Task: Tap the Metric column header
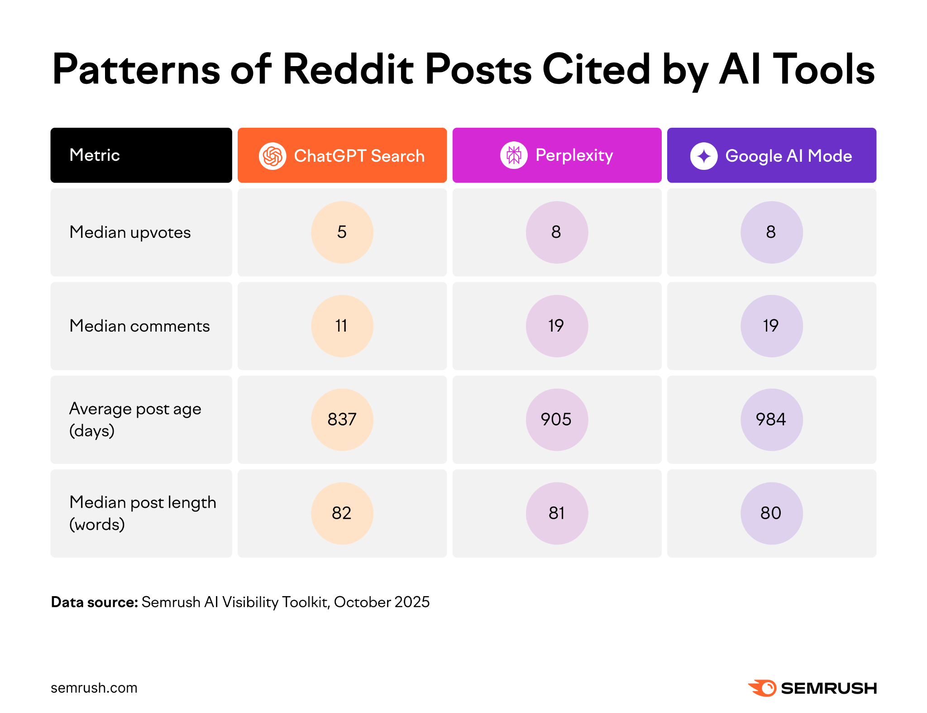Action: point(95,155)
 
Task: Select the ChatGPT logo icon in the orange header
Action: point(272,156)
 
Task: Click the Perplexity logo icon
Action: point(514,155)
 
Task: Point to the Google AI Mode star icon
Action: point(703,156)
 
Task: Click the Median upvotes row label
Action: point(130,232)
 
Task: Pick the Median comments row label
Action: point(139,326)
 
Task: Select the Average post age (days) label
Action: point(135,419)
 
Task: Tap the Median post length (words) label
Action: point(143,513)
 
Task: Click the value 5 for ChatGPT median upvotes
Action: point(342,232)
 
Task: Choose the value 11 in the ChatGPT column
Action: point(342,326)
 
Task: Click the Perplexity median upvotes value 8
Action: point(556,232)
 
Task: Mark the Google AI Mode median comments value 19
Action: point(771,326)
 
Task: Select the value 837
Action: point(342,419)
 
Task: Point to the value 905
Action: point(556,419)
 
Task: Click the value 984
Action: point(771,419)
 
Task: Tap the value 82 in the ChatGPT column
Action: point(342,513)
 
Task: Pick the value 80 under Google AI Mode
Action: point(771,513)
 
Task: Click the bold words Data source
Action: point(94,602)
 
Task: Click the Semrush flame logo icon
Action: point(763,688)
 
